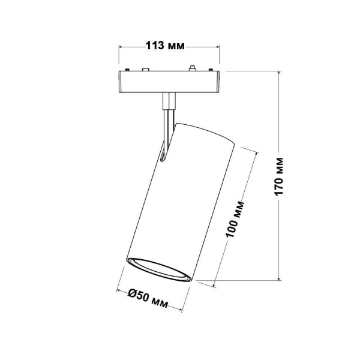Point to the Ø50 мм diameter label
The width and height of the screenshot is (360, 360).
(x=148, y=296)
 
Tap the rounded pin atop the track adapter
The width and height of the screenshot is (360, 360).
(x=192, y=68)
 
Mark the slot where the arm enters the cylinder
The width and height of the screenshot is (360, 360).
(x=166, y=153)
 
